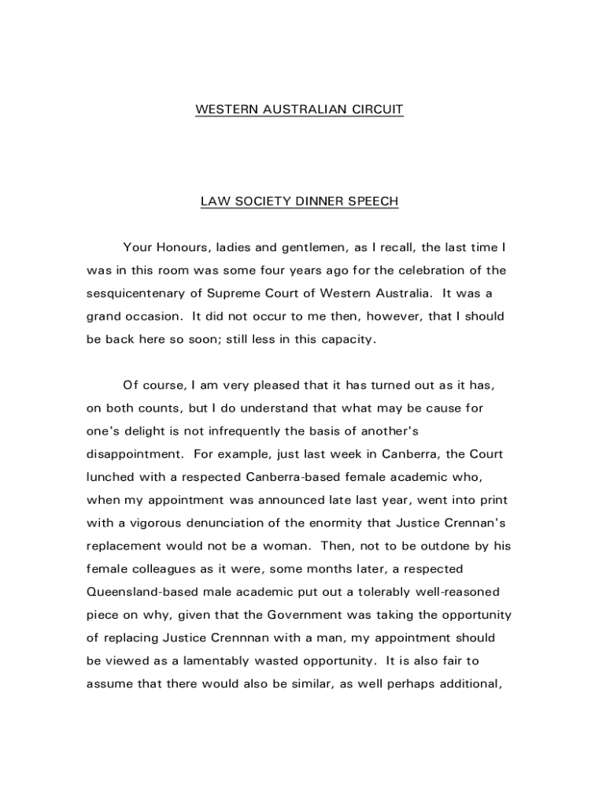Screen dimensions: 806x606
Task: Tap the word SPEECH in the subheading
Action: point(374,201)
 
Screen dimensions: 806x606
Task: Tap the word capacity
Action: point(346,340)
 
